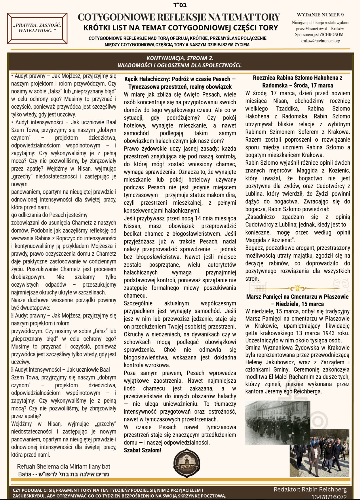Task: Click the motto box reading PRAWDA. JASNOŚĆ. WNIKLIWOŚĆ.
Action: (37, 28)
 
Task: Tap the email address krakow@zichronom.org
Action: (320, 41)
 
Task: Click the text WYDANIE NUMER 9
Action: (320, 15)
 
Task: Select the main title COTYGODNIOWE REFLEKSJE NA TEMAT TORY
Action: (179, 17)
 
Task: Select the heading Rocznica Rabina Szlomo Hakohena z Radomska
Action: (297, 82)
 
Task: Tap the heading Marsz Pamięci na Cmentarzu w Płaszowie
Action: (297, 300)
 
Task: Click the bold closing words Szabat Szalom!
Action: (143, 450)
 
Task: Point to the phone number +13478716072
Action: (327, 496)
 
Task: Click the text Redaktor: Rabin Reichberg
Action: (310, 489)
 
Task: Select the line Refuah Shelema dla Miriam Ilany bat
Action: (64, 466)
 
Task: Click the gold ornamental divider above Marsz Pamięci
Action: (297, 288)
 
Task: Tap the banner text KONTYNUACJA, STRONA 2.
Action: (180, 58)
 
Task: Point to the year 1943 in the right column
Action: (329, 333)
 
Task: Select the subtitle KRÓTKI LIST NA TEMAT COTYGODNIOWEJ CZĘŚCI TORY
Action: (181, 28)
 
